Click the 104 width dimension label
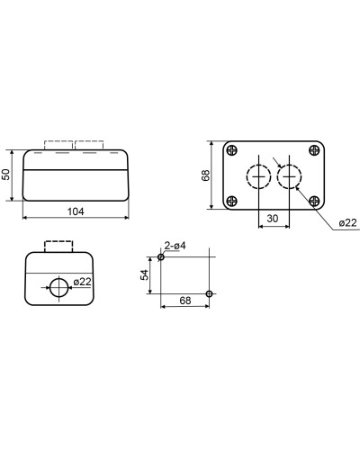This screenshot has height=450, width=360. pyautogui.click(x=76, y=211)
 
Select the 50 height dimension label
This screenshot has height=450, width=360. pyautogui.click(x=6, y=175)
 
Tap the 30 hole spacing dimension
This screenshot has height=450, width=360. pyautogui.click(x=273, y=219)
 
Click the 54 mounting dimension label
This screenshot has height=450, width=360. pyautogui.click(x=145, y=274)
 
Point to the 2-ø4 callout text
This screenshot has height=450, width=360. pyautogui.click(x=175, y=246)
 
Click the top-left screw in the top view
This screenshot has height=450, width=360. pyautogui.click(x=232, y=150)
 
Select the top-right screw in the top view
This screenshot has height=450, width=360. pyautogui.click(x=314, y=150)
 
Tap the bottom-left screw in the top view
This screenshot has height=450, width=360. pyautogui.click(x=232, y=201)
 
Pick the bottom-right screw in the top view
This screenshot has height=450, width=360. pyautogui.click(x=314, y=201)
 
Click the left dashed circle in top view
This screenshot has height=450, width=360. pyautogui.click(x=247, y=176)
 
